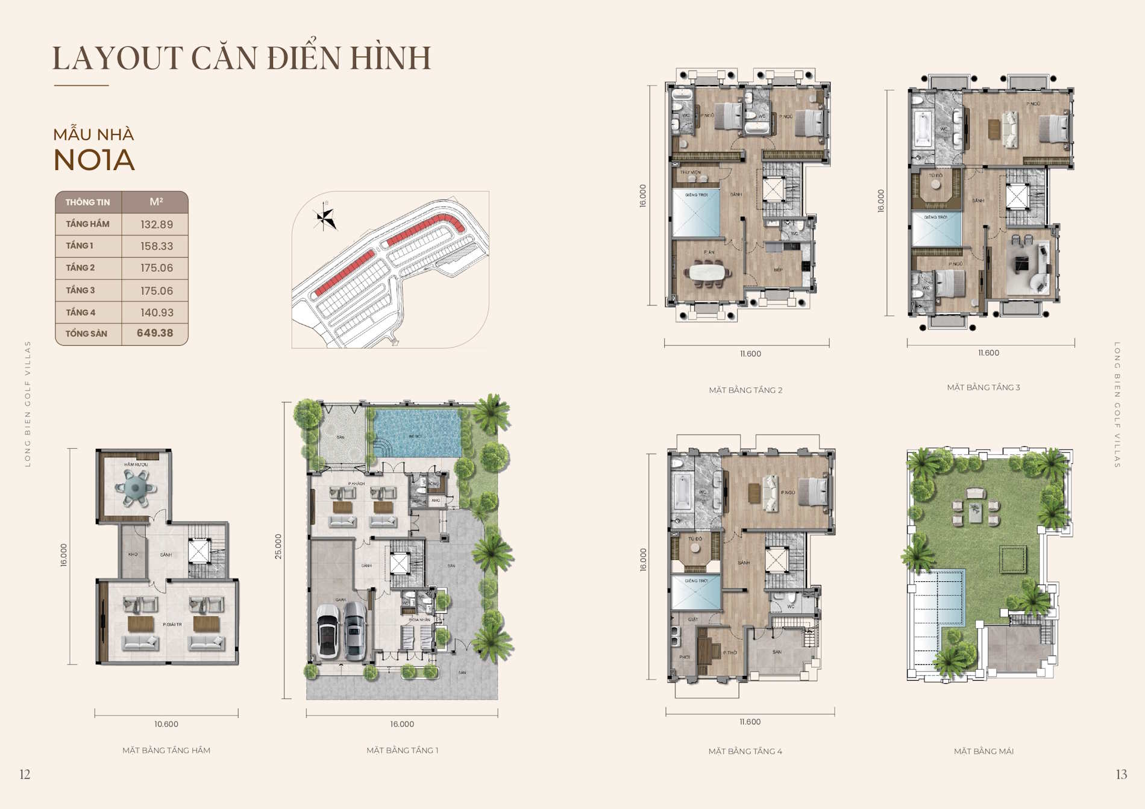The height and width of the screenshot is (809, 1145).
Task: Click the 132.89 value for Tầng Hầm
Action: (157, 225)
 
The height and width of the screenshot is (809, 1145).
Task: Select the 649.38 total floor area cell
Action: (155, 333)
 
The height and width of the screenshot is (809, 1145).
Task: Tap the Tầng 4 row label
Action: (81, 313)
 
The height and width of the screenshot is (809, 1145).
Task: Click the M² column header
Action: (156, 202)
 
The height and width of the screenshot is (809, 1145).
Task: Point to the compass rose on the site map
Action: (325, 217)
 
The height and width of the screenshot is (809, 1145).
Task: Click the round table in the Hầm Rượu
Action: (136, 487)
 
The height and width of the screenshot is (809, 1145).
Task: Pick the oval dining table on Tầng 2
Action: (708, 272)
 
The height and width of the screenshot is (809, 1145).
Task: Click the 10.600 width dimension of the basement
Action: (166, 724)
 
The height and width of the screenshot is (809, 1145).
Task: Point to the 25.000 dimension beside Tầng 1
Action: (278, 546)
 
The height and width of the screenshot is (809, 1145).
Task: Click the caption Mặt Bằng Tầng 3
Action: (983, 387)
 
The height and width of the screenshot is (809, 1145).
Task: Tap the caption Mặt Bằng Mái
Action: (983, 751)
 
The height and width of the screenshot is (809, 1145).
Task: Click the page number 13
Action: (1121, 775)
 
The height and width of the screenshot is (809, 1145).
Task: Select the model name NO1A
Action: (94, 160)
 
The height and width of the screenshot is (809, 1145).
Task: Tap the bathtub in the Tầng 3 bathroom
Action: (923, 129)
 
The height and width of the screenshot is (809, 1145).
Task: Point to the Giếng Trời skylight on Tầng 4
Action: (697, 593)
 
